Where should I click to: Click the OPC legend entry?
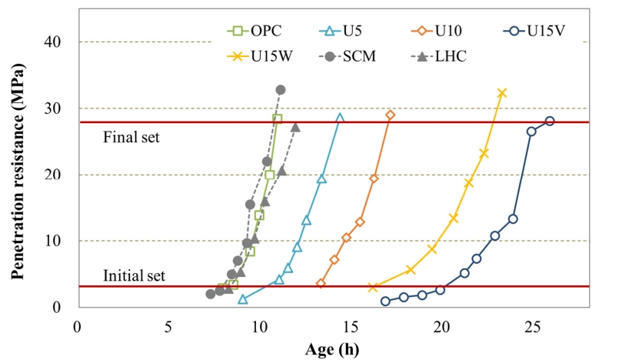254,31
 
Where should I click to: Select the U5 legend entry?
341,31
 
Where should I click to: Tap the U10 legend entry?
437,31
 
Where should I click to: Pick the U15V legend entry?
534,31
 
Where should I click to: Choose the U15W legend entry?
259,56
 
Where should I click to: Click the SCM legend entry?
347,56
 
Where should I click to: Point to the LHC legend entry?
439,56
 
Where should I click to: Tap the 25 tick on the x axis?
532,327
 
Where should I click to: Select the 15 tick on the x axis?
351,327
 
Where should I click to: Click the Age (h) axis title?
332,349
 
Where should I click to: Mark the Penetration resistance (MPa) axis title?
18,172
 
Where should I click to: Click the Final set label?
131,138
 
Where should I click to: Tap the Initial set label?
134,275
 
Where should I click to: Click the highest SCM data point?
281,90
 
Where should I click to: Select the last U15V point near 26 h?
550,121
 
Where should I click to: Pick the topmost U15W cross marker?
502,93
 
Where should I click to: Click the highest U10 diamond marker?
391,115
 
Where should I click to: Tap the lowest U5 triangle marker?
243,299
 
